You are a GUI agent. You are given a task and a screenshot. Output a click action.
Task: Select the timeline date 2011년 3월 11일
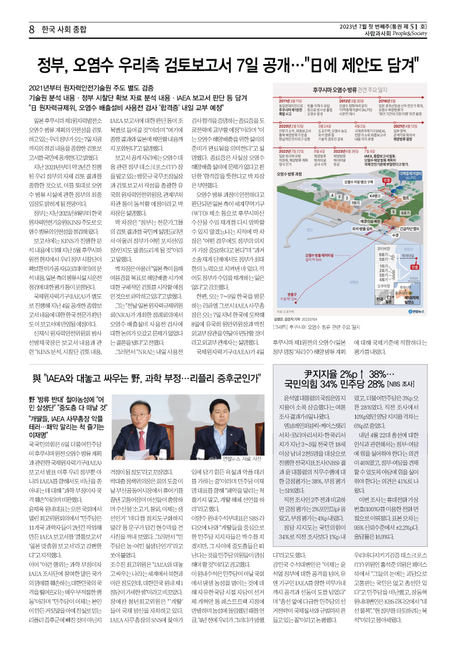[289, 101]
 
